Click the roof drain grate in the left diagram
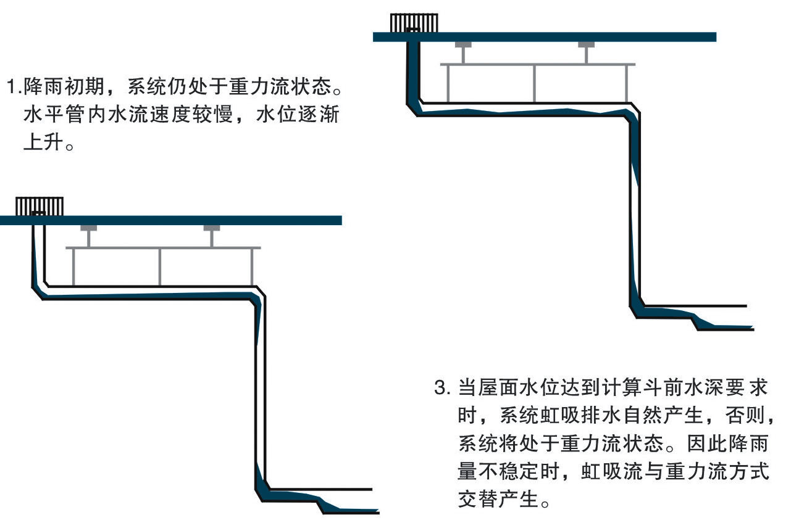[40, 206]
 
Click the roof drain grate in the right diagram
[414, 23]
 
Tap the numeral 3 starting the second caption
[441, 389]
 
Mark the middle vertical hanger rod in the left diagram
[160, 266]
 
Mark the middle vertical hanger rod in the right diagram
[534, 82]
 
